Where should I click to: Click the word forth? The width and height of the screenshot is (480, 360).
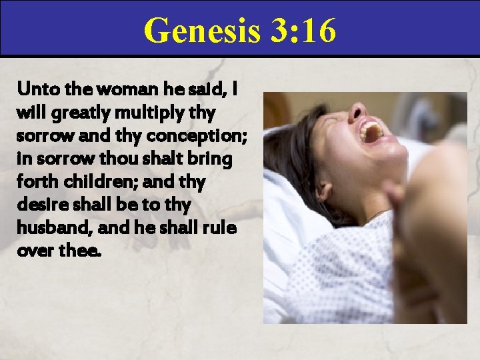pyautogui.click(x=36, y=182)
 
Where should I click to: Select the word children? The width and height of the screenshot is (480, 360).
pyautogui.click(x=99, y=182)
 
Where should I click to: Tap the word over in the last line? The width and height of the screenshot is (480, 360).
pyautogui.click(x=34, y=252)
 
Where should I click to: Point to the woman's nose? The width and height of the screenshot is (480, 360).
pyautogui.click(x=357, y=111)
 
